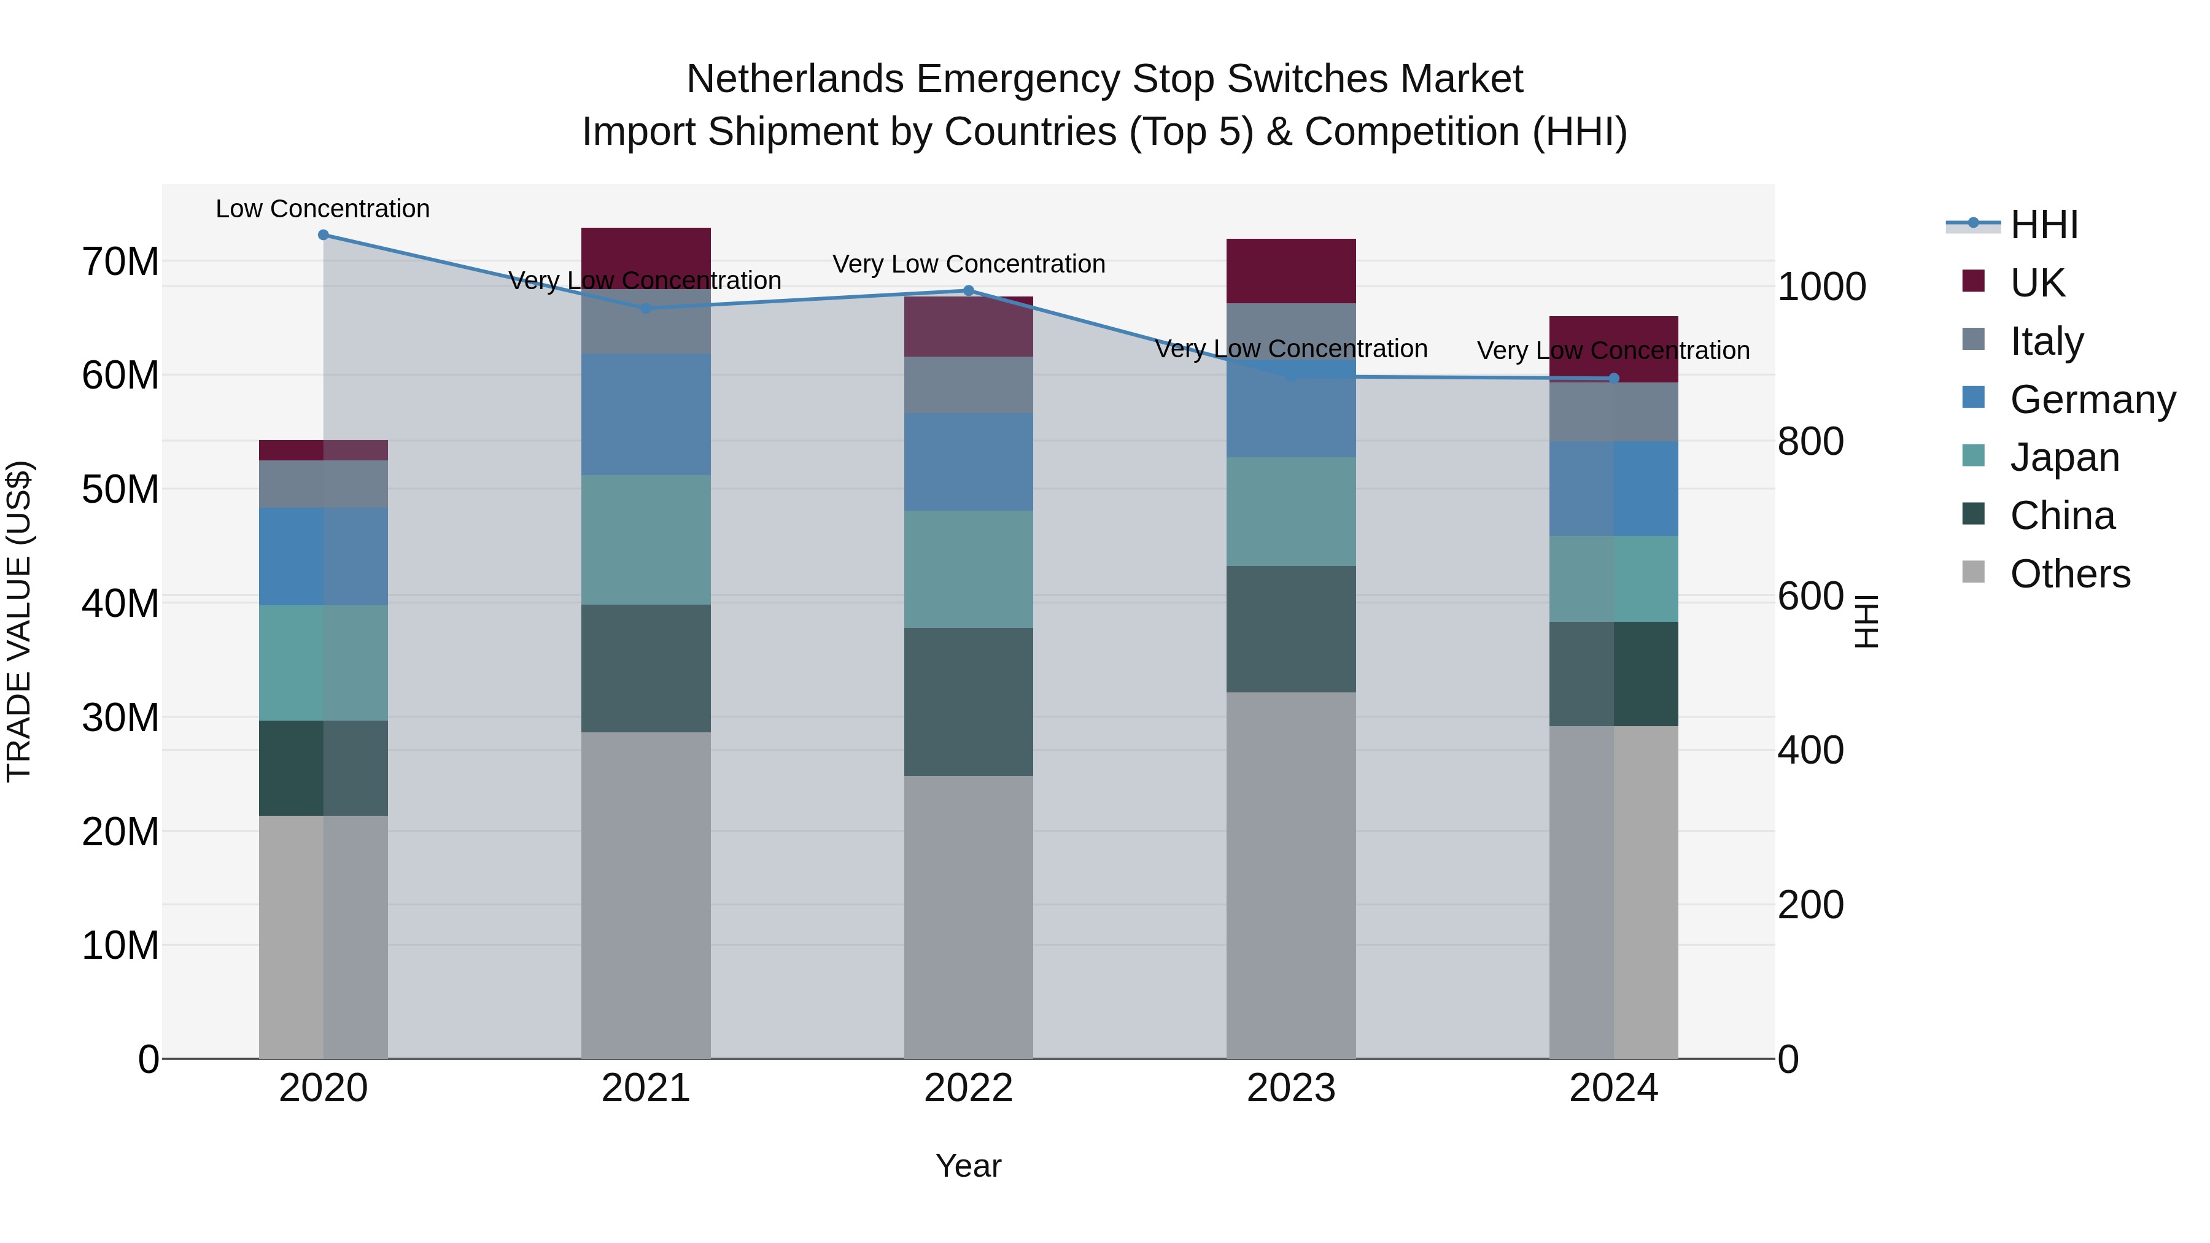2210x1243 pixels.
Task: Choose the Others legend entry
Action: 2069,574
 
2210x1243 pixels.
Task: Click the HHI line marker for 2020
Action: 324,235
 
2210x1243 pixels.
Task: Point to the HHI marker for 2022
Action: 969,291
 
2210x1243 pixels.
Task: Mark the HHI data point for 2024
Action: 1614,378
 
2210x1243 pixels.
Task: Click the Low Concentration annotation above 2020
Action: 322,209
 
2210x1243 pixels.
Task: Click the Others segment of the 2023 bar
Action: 1291,875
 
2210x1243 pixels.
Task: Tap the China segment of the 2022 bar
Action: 969,702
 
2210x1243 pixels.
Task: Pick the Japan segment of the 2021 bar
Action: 646,540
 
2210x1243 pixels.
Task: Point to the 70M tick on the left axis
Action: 120,261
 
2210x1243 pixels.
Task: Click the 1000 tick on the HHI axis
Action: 1821,287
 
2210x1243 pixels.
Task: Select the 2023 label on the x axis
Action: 1291,1088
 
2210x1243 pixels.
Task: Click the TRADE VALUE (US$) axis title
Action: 19,621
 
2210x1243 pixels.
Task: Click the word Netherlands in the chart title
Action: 794,79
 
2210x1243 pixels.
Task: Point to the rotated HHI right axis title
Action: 1866,621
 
